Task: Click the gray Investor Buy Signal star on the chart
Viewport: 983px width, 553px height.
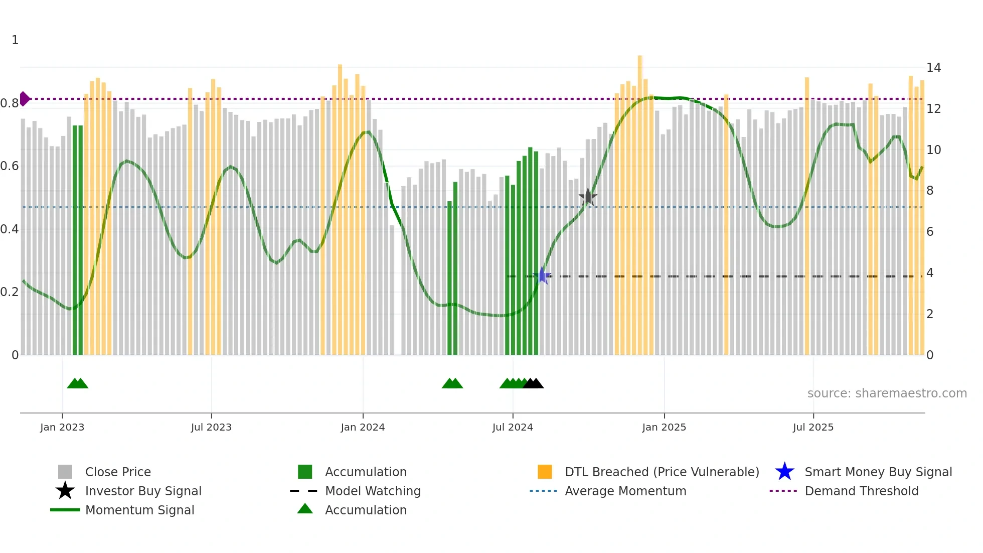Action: tap(588, 197)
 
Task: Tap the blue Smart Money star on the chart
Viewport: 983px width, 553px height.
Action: tap(542, 276)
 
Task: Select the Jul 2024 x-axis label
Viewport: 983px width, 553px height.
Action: tap(513, 428)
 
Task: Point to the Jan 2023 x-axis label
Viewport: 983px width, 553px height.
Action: tap(62, 428)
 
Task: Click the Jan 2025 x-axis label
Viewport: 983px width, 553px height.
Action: tap(664, 428)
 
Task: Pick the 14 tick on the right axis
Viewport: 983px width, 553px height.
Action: tap(933, 68)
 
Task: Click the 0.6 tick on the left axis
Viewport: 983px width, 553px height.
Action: tap(10, 166)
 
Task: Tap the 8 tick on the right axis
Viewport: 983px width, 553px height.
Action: tap(930, 191)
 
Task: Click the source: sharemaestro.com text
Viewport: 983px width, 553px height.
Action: tap(887, 393)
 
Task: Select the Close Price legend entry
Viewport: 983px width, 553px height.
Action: tap(117, 472)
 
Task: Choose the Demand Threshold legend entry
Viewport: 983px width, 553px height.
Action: tap(861, 491)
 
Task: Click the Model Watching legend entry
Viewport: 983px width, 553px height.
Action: tap(372, 491)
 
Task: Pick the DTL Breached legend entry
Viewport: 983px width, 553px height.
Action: tap(662, 472)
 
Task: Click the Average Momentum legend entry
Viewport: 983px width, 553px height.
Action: tap(625, 491)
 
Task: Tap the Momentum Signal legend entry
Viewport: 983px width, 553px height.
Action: tap(139, 510)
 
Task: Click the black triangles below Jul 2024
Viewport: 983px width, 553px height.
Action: tap(533, 383)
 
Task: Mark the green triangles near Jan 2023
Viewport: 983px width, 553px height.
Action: tap(78, 383)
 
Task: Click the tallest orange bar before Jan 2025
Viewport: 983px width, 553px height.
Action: tap(640, 201)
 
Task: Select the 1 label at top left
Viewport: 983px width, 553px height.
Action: tap(15, 40)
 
